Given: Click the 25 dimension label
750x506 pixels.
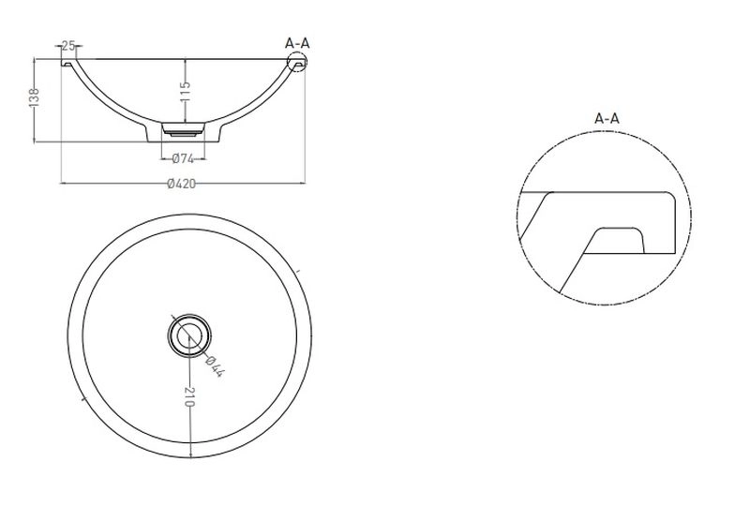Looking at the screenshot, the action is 68,46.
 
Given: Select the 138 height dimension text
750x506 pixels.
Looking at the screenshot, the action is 35,98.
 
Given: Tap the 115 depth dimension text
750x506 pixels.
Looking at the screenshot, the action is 186,91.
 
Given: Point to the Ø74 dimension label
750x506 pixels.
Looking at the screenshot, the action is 183,158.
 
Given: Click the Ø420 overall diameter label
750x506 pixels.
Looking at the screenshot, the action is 182,184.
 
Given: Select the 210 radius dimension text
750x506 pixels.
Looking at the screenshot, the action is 190,396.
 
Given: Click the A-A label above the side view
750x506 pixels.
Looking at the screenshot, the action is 297,43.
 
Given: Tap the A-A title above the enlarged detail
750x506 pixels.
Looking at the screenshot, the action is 607,118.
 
